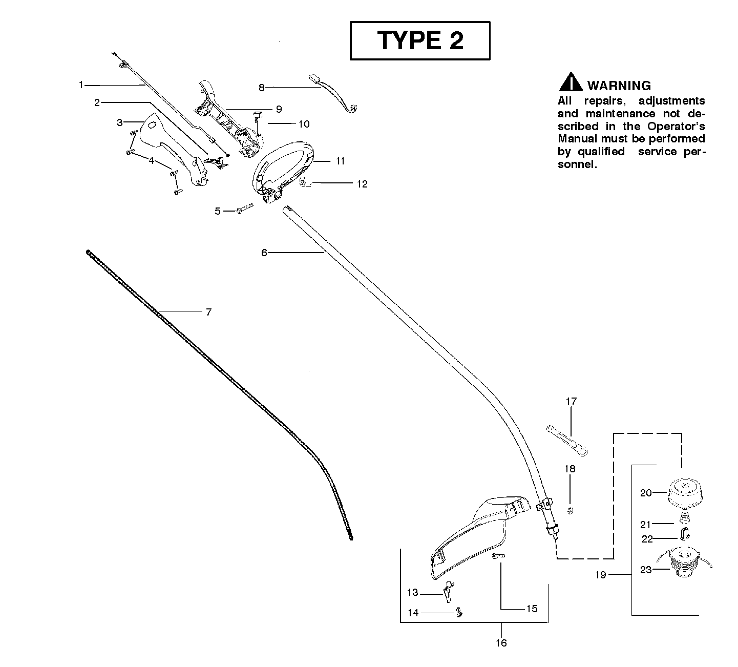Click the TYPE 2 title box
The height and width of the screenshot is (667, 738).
pos(420,40)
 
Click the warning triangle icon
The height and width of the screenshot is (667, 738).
pos(570,83)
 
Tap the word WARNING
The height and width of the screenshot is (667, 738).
pos(619,86)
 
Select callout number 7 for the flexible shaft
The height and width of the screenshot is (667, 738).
pos(208,311)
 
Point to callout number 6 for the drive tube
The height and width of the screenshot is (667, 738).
pos(264,252)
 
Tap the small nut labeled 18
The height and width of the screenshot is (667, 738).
pos(571,510)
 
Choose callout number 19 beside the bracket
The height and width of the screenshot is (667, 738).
pos(601,575)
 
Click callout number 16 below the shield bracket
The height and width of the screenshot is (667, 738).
pos(501,642)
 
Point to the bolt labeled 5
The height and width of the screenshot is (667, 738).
pos(245,209)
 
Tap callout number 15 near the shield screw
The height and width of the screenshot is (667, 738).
pos(532,609)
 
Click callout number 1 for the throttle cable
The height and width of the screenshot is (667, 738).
pos(80,85)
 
